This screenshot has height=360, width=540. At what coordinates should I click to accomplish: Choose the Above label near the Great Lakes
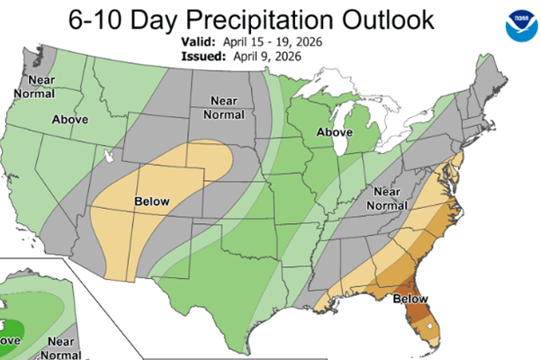tap(333, 133)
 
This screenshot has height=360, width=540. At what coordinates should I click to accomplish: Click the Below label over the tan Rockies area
tap(153, 201)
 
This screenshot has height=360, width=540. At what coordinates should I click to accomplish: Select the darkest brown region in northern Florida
tap(414, 310)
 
